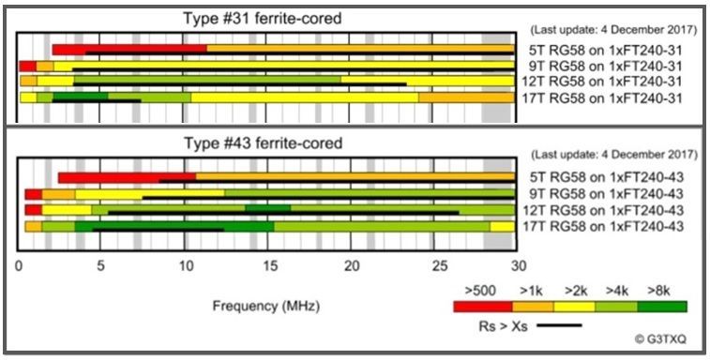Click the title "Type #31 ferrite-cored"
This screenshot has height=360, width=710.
[x=263, y=19]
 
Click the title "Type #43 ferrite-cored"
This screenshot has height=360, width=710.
[x=263, y=143]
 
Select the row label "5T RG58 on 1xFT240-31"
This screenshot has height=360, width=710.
[x=605, y=50]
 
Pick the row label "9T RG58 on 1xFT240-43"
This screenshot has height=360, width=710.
[x=606, y=194]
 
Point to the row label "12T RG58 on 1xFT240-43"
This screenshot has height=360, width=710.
[x=603, y=210]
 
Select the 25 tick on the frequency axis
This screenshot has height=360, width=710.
[x=434, y=266]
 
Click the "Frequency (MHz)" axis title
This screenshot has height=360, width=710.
[x=266, y=307]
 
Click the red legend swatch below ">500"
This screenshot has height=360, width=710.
[x=483, y=307]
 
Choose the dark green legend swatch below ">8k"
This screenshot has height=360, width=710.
[x=662, y=307]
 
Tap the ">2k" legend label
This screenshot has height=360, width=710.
[x=576, y=292]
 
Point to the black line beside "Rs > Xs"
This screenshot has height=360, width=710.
[x=559, y=324]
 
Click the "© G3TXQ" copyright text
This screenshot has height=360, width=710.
[x=660, y=339]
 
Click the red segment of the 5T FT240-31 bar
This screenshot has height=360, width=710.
[x=129, y=49]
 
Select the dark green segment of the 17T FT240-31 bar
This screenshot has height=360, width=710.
[x=80, y=97]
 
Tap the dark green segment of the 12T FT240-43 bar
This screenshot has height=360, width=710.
[x=267, y=208]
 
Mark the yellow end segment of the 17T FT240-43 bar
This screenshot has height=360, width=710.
[x=502, y=227]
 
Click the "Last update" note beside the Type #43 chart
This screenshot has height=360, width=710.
[x=613, y=155]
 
